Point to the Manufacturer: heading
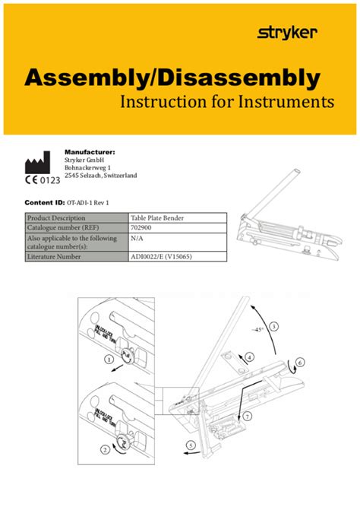point(90,152)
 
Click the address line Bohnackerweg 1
point(88,167)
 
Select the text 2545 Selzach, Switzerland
point(100,176)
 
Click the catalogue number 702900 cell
point(141,227)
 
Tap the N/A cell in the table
point(137,237)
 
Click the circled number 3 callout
point(273,326)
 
